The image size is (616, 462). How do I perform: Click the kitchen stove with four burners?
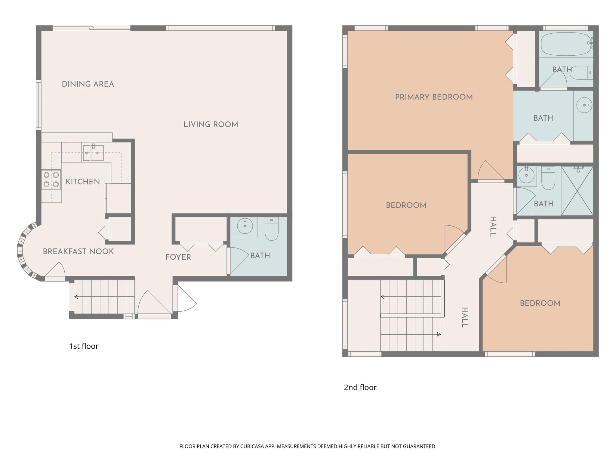coord(51,179)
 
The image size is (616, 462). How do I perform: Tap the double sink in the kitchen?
coord(93,153)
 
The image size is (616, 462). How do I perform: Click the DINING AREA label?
coord(88,84)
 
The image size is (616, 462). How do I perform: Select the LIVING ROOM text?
coord(211,125)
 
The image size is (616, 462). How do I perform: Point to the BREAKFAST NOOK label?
coord(78,251)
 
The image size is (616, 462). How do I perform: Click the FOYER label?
coord(178,257)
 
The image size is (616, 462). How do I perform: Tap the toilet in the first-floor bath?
coord(272,229)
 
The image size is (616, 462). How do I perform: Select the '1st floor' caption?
coord(84,346)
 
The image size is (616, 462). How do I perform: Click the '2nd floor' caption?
coord(360,387)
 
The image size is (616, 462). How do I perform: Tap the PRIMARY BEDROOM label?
coord(434,97)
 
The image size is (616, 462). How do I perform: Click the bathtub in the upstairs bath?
coord(565,44)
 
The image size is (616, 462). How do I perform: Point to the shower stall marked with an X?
coord(577,191)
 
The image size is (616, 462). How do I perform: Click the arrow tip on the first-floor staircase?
coord(76,297)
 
